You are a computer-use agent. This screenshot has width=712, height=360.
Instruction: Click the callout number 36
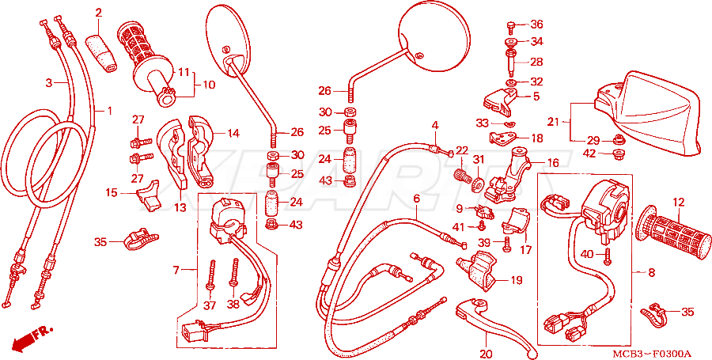point(536,24)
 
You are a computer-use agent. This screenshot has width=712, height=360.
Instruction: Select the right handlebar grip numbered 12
point(675,233)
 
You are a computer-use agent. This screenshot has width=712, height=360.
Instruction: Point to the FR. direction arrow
point(32,337)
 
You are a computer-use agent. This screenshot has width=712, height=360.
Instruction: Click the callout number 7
point(176,271)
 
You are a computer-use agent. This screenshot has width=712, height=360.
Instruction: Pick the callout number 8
point(651,273)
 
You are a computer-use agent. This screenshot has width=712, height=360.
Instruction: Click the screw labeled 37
point(211,276)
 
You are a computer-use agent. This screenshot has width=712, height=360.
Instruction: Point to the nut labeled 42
point(617,153)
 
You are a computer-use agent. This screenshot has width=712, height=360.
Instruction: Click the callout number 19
point(516,280)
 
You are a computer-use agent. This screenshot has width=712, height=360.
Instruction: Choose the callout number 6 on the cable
point(416,199)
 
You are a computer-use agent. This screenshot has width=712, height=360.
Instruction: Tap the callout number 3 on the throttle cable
point(49,83)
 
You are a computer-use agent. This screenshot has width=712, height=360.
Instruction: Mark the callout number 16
point(553,163)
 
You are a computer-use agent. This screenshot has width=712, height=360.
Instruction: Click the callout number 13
point(180,207)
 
